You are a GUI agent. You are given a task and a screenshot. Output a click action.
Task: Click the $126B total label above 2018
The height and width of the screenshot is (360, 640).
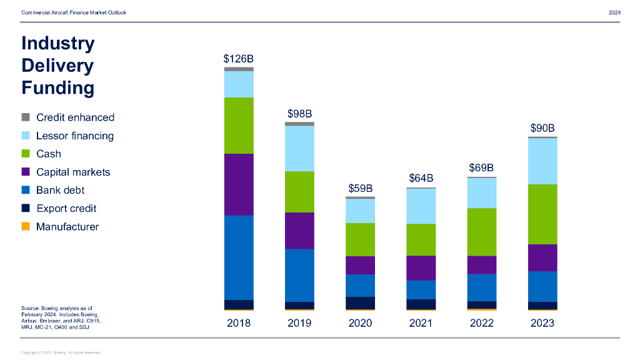[239, 59]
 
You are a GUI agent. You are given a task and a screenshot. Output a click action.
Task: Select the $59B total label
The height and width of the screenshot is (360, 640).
[360, 188]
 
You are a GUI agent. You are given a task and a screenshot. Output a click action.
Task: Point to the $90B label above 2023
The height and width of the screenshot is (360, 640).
[542, 128]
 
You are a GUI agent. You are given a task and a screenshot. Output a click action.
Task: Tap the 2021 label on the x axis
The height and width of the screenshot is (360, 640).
[421, 323]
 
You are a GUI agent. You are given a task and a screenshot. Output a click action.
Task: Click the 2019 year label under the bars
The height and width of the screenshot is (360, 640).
[299, 323]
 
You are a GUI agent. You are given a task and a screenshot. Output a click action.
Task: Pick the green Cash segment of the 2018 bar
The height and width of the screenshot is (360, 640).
[239, 125]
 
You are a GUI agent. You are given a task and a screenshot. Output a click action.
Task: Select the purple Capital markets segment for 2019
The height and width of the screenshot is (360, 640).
[299, 231]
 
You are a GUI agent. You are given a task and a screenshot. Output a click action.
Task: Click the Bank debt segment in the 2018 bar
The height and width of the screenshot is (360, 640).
[239, 257]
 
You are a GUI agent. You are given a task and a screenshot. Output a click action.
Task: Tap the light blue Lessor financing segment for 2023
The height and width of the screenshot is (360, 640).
[542, 161]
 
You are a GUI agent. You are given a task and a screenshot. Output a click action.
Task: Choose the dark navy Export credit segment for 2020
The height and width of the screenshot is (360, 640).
[360, 302]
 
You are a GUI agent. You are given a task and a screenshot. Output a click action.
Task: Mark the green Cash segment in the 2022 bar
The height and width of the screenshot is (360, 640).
[482, 232]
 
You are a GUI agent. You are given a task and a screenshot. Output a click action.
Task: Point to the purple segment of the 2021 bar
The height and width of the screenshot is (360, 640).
[421, 267]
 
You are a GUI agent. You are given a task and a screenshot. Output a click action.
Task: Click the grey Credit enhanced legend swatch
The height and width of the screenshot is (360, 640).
[26, 117]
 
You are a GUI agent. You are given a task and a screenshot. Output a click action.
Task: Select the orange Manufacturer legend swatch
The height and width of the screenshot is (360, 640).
[26, 226]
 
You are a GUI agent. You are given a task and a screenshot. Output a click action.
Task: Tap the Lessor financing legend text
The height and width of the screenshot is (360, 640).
[75, 136]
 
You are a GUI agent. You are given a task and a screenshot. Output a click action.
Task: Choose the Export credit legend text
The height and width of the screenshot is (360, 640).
[66, 208]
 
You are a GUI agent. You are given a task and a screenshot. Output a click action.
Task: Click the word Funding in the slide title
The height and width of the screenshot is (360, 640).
[58, 87]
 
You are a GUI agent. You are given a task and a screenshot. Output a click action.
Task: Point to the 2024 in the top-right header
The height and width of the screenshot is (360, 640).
[614, 12]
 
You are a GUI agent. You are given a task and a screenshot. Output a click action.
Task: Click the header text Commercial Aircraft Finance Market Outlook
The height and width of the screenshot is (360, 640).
[74, 12]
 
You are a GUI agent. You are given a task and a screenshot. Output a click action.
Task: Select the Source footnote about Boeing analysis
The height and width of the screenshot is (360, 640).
[61, 317]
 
